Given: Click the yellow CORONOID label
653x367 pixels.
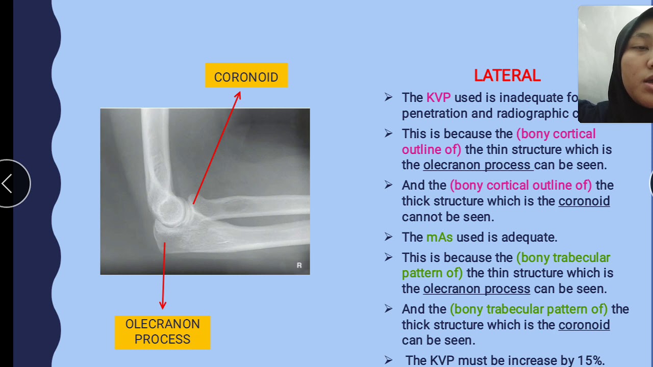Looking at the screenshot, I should [x=246, y=76].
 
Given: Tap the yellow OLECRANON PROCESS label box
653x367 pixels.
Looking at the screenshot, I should [x=162, y=332].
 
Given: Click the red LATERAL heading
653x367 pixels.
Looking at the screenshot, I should [x=507, y=76].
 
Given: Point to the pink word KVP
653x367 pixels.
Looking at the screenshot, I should [x=438, y=97].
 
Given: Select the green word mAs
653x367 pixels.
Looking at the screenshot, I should [x=439, y=237].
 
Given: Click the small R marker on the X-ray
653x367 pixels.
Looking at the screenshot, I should [x=299, y=265].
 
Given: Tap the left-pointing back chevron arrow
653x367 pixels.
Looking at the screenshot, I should [x=7, y=183].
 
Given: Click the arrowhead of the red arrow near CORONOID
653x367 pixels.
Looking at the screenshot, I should [x=238, y=95].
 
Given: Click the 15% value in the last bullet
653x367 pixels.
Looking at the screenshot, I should [x=590, y=360].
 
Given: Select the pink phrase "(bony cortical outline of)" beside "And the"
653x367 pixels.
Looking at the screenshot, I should [x=520, y=185].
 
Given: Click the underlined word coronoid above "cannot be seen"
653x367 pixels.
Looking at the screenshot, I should [x=584, y=201].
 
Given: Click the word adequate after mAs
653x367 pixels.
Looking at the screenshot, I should [x=529, y=237].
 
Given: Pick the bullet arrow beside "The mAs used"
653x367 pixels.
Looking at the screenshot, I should [x=389, y=237].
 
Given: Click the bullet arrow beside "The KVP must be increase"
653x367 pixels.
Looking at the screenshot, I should [x=389, y=360].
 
